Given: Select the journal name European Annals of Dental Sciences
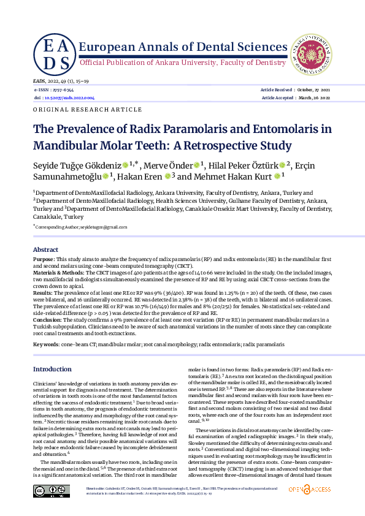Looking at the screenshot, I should click(179, 47).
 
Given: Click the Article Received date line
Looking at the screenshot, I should click(296, 89).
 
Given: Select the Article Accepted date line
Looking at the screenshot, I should click(296, 97).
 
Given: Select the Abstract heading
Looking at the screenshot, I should click(45, 250).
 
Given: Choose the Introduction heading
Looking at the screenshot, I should click(52, 369).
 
